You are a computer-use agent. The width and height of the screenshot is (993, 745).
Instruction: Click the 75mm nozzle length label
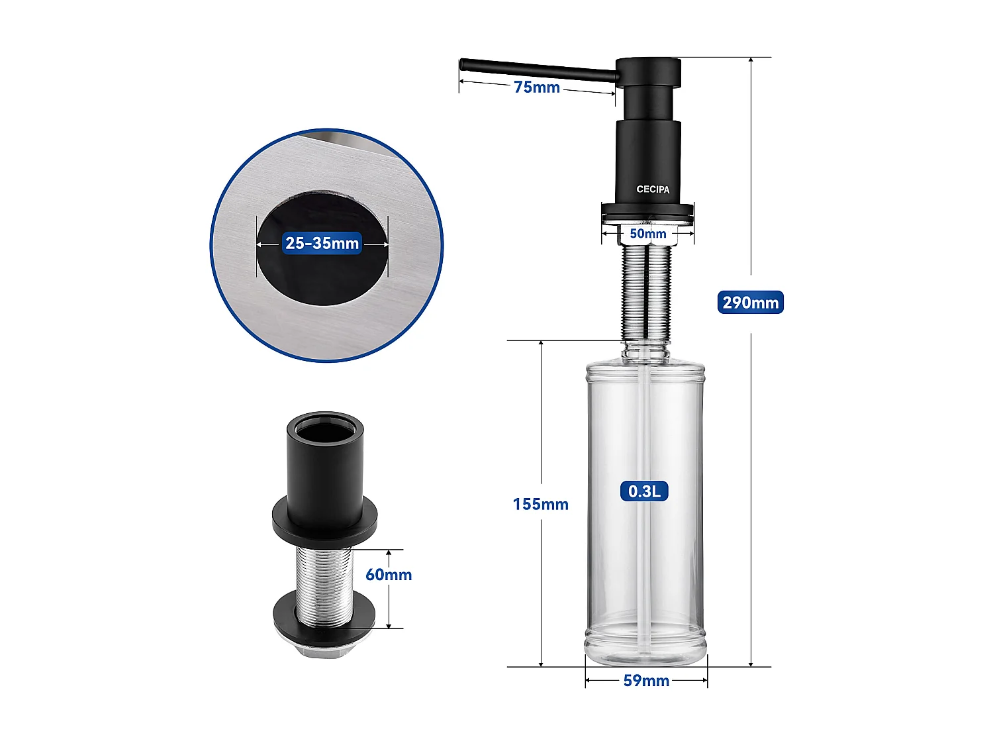[536, 87]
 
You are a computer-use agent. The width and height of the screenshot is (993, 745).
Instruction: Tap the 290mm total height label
[750, 303]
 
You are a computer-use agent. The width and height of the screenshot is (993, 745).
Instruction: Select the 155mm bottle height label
[540, 504]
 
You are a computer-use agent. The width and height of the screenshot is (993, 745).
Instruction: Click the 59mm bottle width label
[646, 681]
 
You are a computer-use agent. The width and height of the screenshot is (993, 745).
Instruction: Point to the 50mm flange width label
[647, 234]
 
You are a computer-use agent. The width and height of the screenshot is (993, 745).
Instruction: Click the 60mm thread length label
[389, 575]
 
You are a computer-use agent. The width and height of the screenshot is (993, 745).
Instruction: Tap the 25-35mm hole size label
[322, 243]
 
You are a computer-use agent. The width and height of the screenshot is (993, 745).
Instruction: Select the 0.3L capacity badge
[644, 491]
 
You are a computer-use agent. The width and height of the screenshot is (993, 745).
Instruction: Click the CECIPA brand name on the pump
[653, 189]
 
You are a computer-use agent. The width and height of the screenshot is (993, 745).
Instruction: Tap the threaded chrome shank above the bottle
[646, 291]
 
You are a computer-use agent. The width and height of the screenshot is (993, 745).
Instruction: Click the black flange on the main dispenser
[647, 211]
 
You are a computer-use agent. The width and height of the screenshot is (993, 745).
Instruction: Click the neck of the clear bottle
[645, 351]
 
